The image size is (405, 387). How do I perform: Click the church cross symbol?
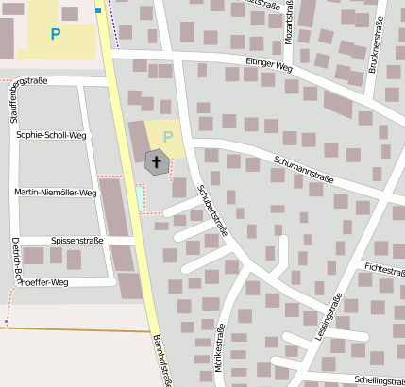[157, 162]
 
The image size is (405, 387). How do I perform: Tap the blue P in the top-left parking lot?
[56, 35]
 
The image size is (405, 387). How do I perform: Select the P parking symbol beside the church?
[168, 136]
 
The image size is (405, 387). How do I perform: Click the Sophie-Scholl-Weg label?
[52, 135]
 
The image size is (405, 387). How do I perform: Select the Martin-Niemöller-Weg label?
[55, 193]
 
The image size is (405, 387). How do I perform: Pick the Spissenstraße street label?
[77, 241]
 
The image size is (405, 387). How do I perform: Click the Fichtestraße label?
[381, 270]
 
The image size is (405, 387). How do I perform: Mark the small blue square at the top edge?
[98, 10]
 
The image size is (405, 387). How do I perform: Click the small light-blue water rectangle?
[140, 198]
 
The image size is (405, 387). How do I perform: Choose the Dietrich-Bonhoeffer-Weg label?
[11, 265]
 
